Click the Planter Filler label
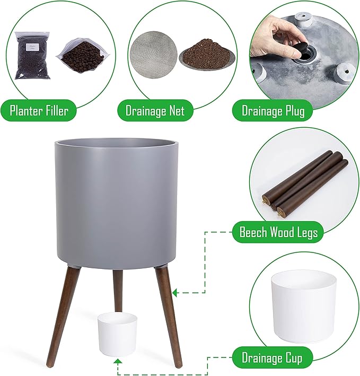pos(39,111)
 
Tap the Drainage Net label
pos(155,111)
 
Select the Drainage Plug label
pos(273,111)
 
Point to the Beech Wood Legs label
pos(278,232)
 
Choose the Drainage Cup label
pos(272,358)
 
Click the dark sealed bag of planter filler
pos(32,55)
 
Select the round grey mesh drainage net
pos(153,55)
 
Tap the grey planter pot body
pos(117,203)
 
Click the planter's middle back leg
pos(118,290)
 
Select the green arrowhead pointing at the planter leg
pos(175,293)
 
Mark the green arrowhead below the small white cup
pos(118,363)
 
